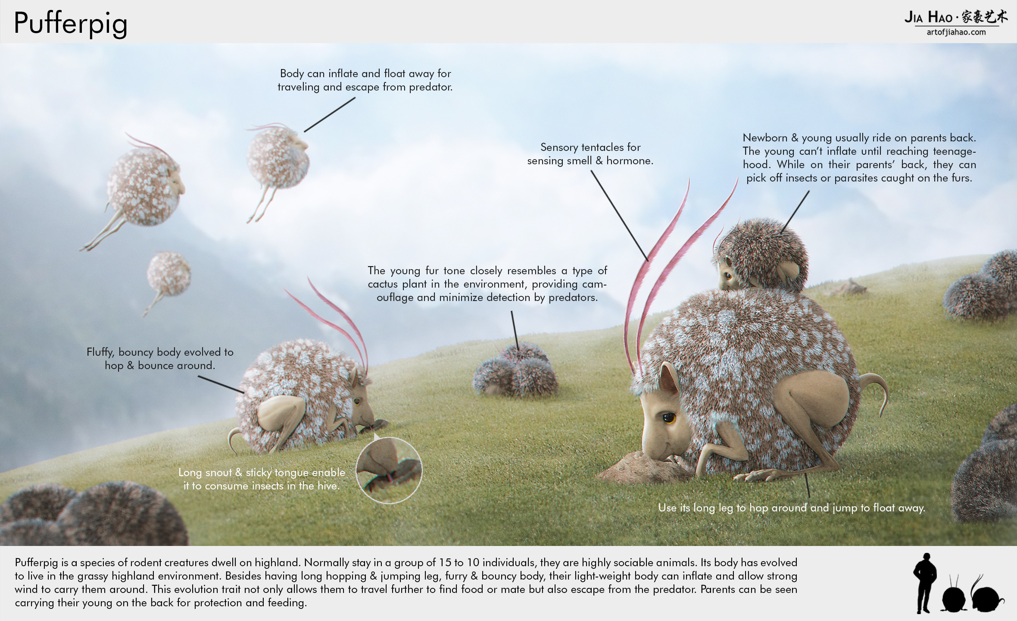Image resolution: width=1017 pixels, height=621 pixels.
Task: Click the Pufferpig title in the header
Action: coord(71,23)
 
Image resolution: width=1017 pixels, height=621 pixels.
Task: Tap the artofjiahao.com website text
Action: coord(956,32)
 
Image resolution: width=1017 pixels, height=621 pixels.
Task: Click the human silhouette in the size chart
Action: coord(924,583)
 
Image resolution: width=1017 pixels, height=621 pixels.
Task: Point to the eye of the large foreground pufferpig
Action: coord(669,417)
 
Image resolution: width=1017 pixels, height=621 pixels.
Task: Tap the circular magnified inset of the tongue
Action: coord(389,470)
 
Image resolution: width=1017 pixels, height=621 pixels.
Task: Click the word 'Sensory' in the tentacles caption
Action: coord(559,147)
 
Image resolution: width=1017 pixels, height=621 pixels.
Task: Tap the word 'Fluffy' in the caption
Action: coord(101,352)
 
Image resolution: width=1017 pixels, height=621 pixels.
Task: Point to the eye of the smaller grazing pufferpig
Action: coord(357,402)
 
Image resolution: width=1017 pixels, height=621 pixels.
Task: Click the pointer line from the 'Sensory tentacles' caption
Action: coord(620,216)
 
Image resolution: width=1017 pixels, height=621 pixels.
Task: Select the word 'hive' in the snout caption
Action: coord(329,486)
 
